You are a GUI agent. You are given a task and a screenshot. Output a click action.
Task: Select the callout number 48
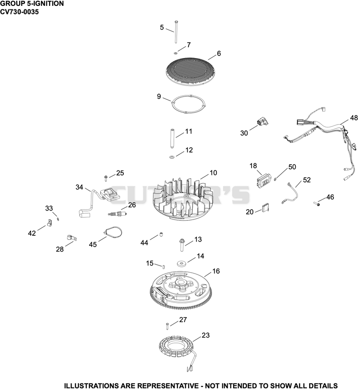pyautogui.click(x=354, y=118)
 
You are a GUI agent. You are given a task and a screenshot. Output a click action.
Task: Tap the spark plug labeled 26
pyautogui.click(x=117, y=214)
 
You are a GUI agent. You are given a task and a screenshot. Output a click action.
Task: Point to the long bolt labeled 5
pyautogui.click(x=176, y=31)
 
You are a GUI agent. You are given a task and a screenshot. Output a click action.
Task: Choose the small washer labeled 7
pyautogui.click(x=175, y=53)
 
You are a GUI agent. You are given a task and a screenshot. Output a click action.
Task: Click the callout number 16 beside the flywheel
pyautogui.click(x=216, y=271)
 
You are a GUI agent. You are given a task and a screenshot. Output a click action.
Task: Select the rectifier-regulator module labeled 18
pyautogui.click(x=264, y=180)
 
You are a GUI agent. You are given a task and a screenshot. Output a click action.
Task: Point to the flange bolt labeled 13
pyautogui.click(x=181, y=245)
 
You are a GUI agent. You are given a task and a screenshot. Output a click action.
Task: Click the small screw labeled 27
pyautogui.click(x=167, y=326)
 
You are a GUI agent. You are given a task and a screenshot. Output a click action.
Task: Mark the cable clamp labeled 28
pyautogui.click(x=72, y=238)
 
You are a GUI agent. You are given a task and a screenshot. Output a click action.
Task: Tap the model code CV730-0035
pyautogui.click(x=19, y=12)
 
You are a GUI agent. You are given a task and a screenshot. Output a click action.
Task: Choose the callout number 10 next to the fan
pyautogui.click(x=213, y=173)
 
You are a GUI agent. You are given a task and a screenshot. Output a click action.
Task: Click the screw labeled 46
pyautogui.click(x=317, y=204)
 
